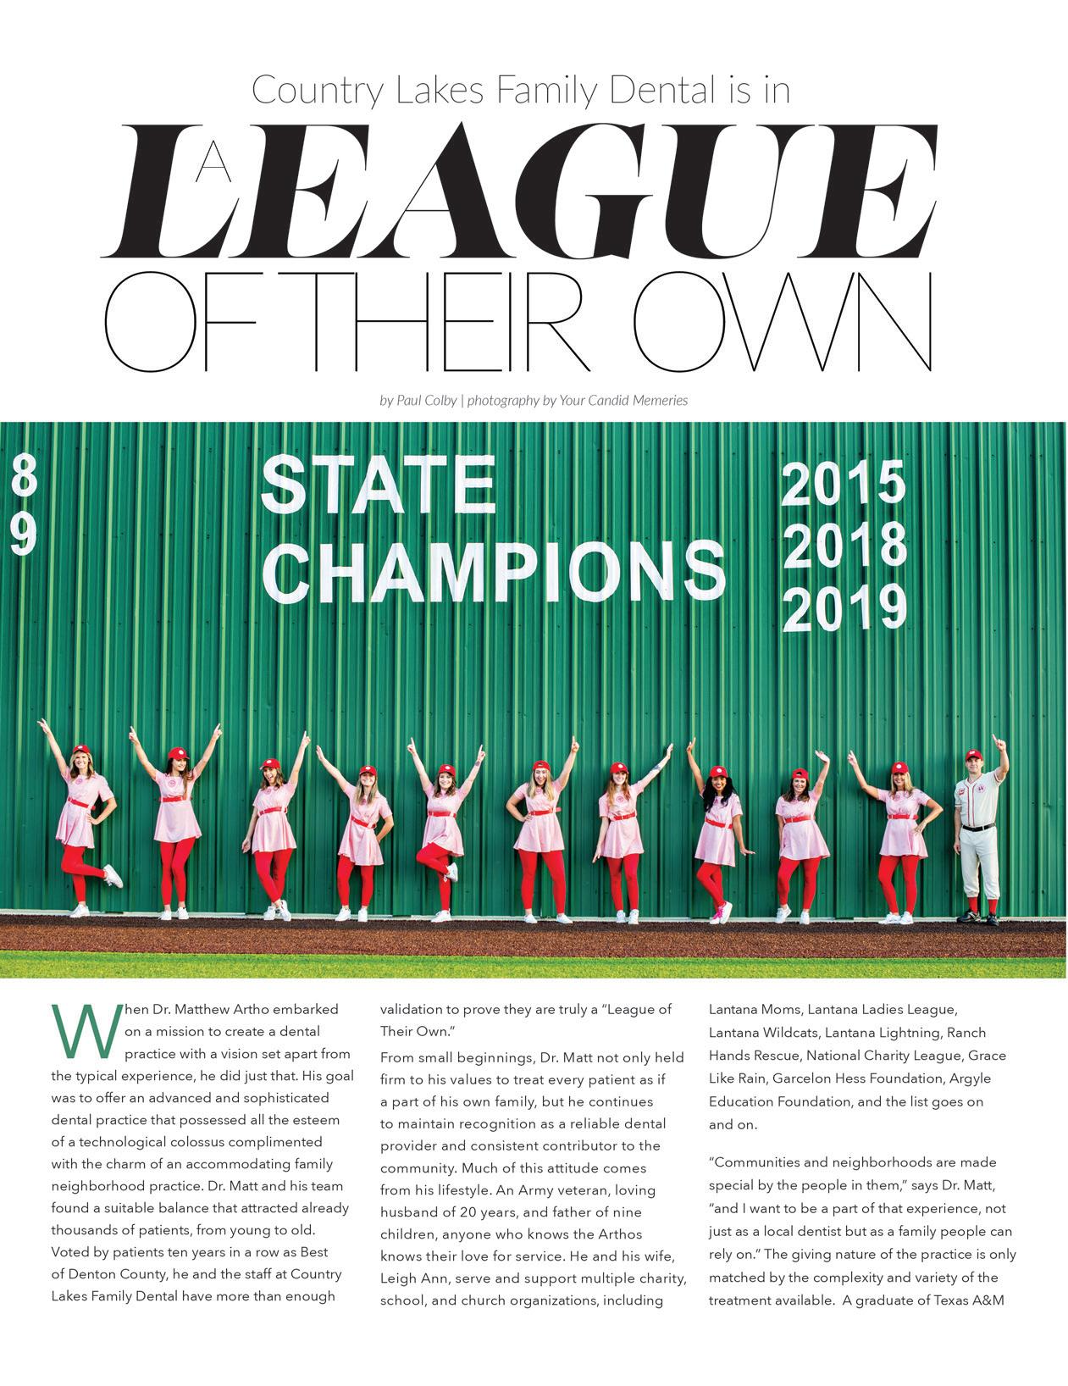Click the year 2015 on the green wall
843,484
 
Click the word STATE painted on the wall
378,485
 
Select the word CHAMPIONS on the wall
501,572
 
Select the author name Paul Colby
427,400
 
